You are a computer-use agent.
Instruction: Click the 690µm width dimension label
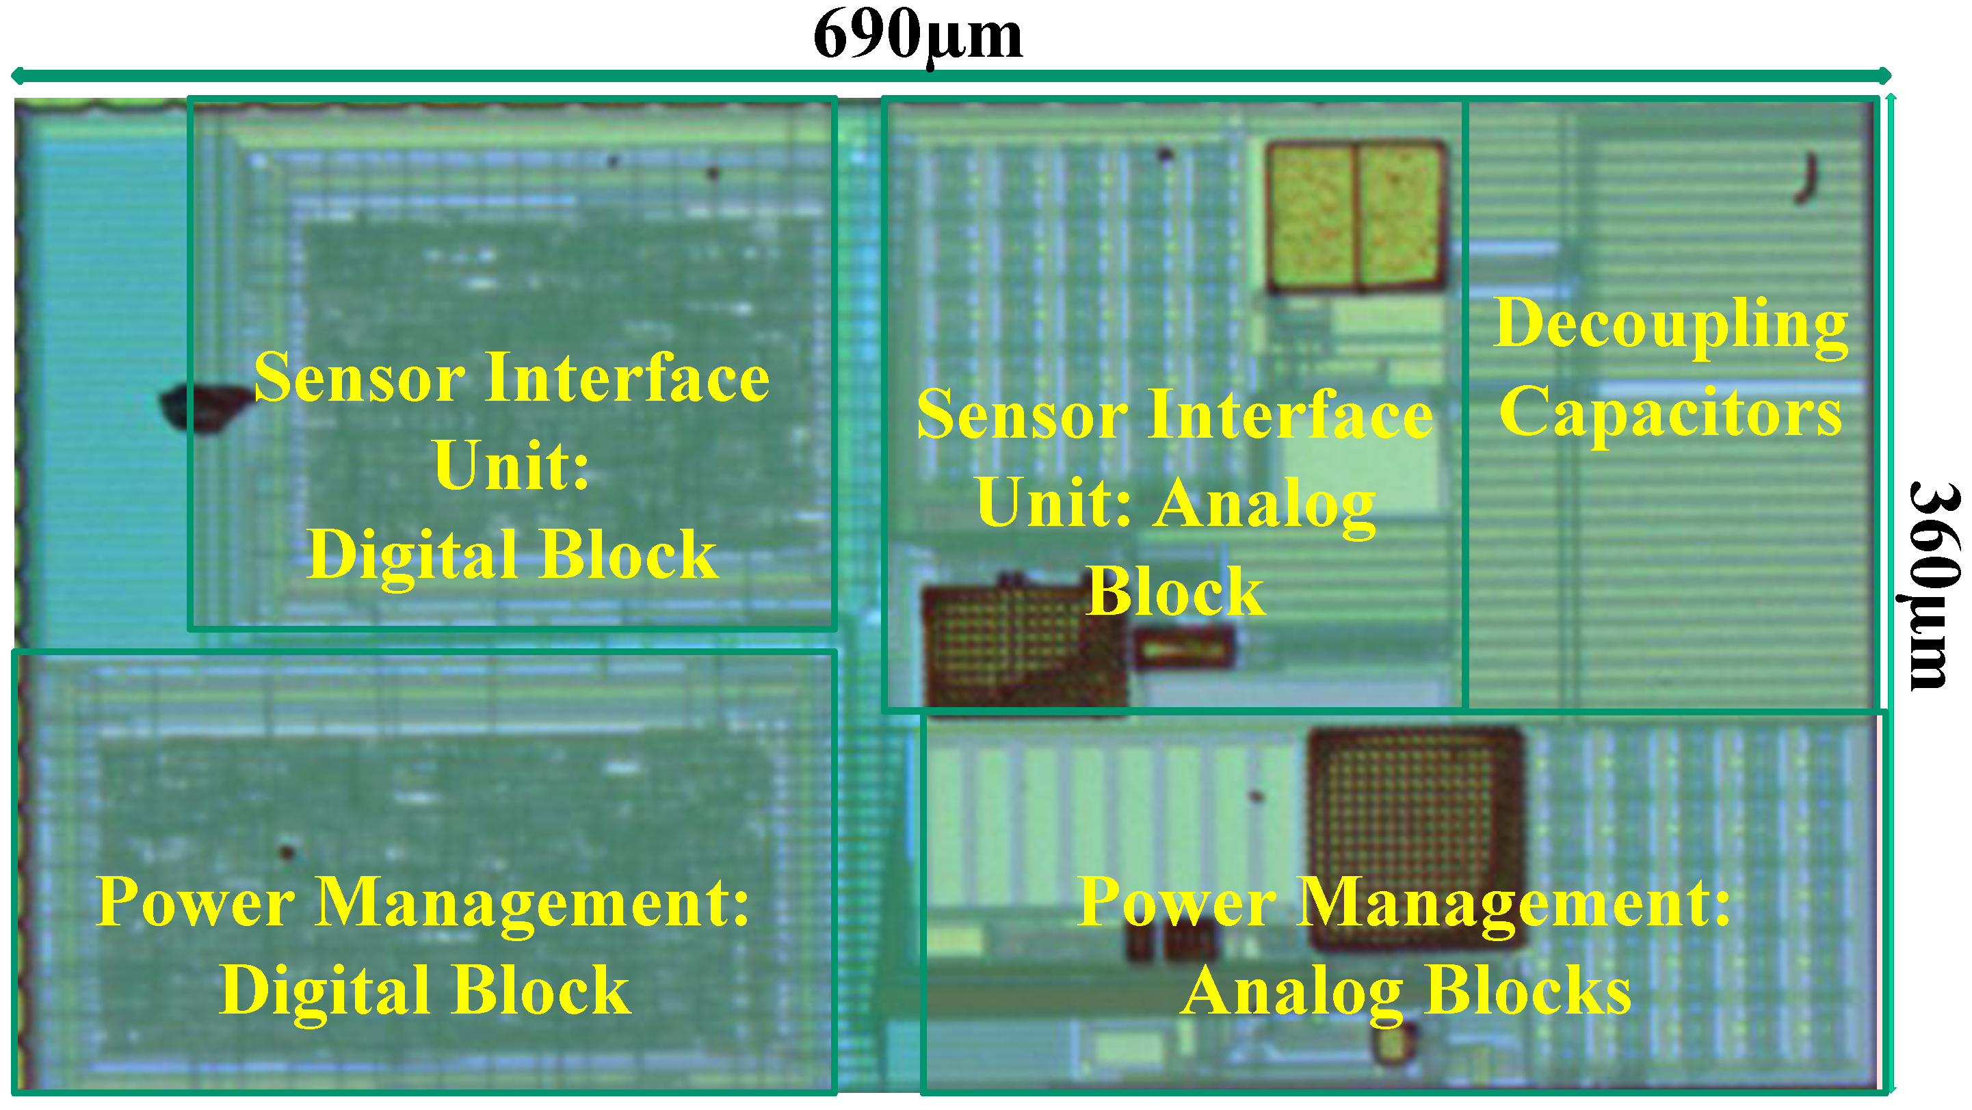tap(917, 35)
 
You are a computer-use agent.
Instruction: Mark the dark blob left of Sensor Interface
tap(203, 406)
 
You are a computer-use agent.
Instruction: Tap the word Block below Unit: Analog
tap(1176, 591)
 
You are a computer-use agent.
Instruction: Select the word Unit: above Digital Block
tap(512, 466)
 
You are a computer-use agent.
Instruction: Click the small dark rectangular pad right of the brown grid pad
tap(1183, 648)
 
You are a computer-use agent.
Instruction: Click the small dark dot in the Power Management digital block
tap(287, 851)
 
